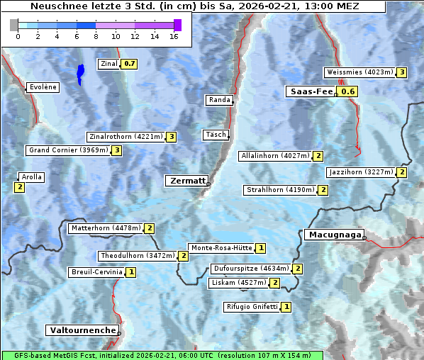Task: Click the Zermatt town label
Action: (186, 181)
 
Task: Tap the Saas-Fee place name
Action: (310, 91)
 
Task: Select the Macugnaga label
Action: (333, 235)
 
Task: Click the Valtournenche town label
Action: (82, 330)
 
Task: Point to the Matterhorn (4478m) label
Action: (105, 228)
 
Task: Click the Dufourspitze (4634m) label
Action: (251, 269)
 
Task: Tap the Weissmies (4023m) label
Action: (359, 72)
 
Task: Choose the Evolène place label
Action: (43, 87)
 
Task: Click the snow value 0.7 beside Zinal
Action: (128, 64)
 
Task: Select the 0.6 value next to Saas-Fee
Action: (347, 91)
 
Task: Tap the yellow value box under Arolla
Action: (19, 187)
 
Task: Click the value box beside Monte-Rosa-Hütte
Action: (261, 248)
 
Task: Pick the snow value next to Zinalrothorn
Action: (171, 137)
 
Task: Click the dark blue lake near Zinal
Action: (81, 74)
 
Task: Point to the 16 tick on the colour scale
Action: (174, 36)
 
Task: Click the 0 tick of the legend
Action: (18, 36)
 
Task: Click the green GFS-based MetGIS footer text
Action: (163, 355)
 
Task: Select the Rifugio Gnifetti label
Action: (252, 307)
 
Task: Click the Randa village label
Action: (219, 100)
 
